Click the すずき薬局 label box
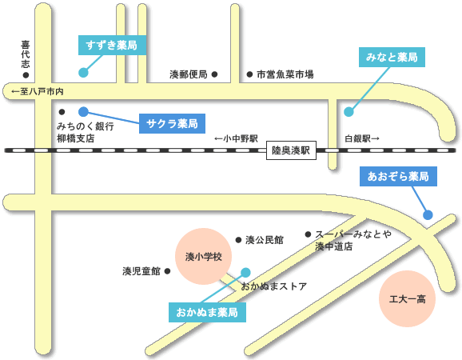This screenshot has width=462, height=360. pos(112,45)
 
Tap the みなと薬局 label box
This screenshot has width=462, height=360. pos(392,57)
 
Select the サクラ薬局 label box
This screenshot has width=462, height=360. pos(172,123)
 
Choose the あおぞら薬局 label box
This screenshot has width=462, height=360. pos(398,176)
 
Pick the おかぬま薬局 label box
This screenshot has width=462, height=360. pos(207,312)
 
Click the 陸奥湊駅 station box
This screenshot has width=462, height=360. pos(291,150)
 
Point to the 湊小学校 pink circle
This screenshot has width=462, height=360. pos(203,256)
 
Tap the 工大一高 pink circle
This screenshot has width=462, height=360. pos(407,298)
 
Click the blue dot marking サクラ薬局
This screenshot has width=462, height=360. pos(83,112)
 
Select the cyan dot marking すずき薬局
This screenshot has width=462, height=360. pos(83,72)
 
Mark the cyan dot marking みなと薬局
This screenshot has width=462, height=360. pos(348,112)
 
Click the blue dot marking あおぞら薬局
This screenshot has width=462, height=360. pos(428,215)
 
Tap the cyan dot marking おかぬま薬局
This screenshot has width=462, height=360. pos(245,273)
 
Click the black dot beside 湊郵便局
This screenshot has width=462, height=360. pos(214,74)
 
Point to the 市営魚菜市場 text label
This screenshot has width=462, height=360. pos(285,74)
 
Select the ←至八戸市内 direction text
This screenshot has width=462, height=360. pos(38,92)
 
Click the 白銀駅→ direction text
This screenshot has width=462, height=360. pos(362,138)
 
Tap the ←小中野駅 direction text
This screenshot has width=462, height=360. pos(236,138)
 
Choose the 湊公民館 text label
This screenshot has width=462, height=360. pos(265,240)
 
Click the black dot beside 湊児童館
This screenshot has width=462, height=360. pos(167,271)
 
